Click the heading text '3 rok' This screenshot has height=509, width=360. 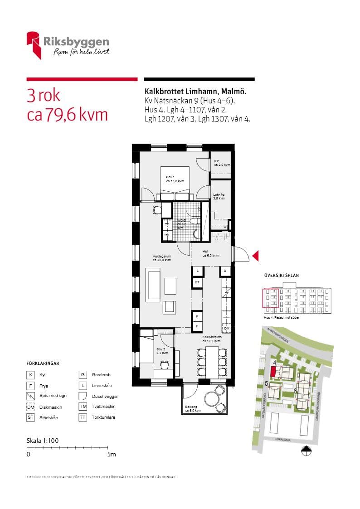(x=44, y=96)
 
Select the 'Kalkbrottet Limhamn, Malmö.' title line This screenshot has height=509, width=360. (x=195, y=92)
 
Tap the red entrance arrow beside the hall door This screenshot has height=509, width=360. (x=255, y=256)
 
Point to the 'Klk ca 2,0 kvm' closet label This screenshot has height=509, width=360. (x=222, y=163)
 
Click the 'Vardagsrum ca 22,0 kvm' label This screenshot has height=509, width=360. (x=162, y=258)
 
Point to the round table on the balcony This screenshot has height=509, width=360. (x=211, y=399)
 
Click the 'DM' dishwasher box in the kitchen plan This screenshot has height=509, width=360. (x=226, y=328)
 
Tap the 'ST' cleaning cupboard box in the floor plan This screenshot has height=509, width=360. (x=197, y=282)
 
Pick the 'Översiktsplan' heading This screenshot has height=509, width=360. (x=281, y=275)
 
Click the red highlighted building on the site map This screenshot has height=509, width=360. (x=272, y=372)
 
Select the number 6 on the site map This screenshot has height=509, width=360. (x=295, y=391)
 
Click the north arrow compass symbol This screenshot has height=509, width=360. (x=306, y=450)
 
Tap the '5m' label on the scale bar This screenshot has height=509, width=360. (x=112, y=454)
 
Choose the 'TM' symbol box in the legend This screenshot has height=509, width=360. (x=83, y=407)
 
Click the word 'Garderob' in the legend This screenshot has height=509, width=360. (x=101, y=375)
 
